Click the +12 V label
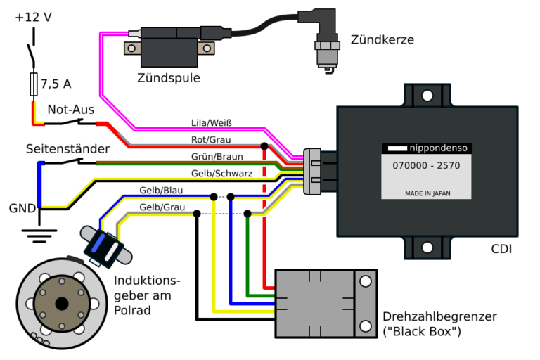pos(34,17)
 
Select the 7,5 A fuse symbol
pos(34,84)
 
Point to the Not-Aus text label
pos(70,110)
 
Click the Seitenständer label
pos(67,149)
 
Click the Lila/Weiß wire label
pos(212,123)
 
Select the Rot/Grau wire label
pos(211,140)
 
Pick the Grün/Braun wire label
pos(217,157)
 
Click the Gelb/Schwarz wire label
pos(221,173)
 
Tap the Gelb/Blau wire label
pos(161,191)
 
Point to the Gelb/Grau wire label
pos(162,207)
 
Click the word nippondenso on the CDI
pos(439,148)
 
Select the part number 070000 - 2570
pos(426,166)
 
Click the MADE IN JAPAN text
pos(427,193)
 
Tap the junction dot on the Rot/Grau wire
pos(264,146)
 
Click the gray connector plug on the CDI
pos(312,172)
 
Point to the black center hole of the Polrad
pos(62,304)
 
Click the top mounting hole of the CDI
pos(427,96)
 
